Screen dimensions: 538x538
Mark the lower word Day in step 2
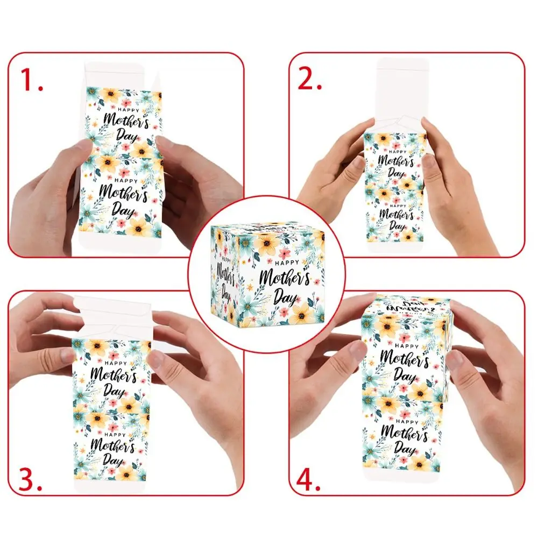397,225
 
